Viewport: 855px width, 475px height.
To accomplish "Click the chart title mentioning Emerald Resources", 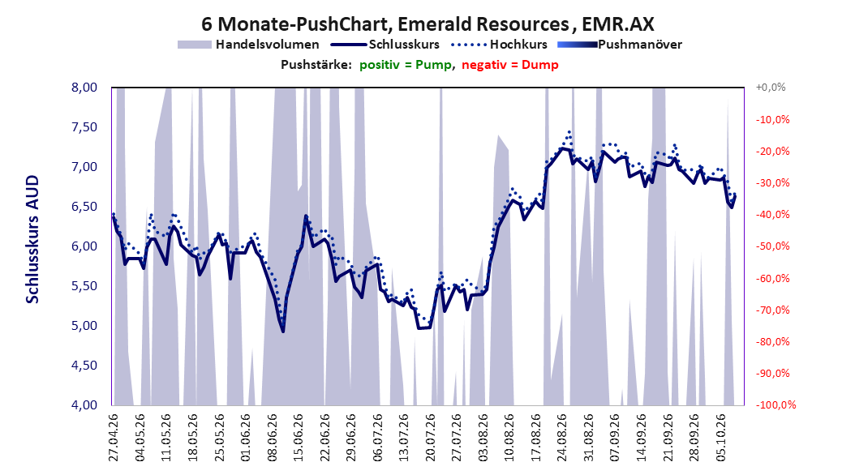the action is (427, 24).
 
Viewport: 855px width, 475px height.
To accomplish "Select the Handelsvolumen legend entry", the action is (248, 45).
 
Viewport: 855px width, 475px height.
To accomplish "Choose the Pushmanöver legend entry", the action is (620, 45).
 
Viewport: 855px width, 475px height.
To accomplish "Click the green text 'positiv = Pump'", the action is (406, 65).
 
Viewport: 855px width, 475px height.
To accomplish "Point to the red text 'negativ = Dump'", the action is (510, 65).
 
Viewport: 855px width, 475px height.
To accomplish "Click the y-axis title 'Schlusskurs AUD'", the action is (32, 239).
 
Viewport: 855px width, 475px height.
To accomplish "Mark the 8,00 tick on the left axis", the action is (84, 88).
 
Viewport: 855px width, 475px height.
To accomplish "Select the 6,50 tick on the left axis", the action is (84, 207).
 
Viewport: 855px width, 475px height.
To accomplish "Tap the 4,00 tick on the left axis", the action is (84, 404).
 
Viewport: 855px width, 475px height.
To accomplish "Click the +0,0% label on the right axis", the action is (771, 88).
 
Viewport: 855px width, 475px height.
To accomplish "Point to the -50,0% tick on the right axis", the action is (772, 246).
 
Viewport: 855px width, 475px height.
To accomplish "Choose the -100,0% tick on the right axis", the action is (776, 404).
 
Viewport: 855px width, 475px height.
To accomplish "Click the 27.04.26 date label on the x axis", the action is (114, 438).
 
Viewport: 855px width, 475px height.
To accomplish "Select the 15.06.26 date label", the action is (299, 438).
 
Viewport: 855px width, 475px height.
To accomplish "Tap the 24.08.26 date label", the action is (562, 438).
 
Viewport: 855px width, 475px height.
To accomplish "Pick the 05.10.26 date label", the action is (721, 438).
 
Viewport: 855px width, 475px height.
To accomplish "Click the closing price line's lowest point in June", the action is (283, 332).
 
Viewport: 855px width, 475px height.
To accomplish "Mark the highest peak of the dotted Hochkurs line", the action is (569, 131).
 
